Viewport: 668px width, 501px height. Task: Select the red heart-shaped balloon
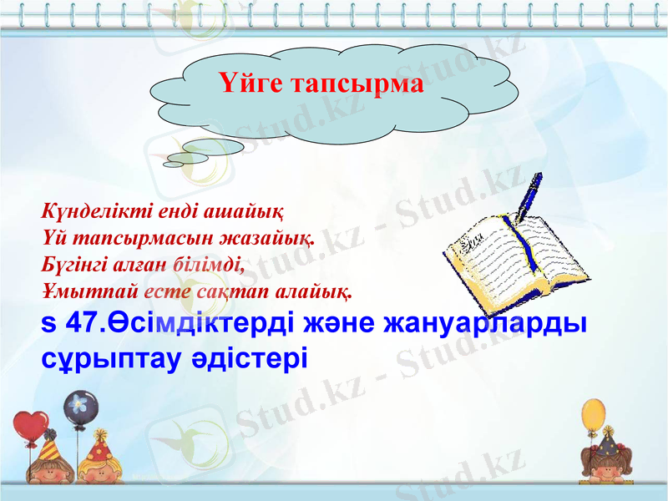click(x=30, y=427)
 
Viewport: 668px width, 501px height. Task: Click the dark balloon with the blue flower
click(x=79, y=406)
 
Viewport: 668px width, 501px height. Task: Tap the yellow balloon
click(x=593, y=415)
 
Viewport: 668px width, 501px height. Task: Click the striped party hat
click(x=48, y=447)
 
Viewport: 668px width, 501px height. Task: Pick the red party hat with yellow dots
click(x=100, y=439)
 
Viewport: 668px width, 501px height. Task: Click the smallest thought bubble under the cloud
click(x=173, y=164)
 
